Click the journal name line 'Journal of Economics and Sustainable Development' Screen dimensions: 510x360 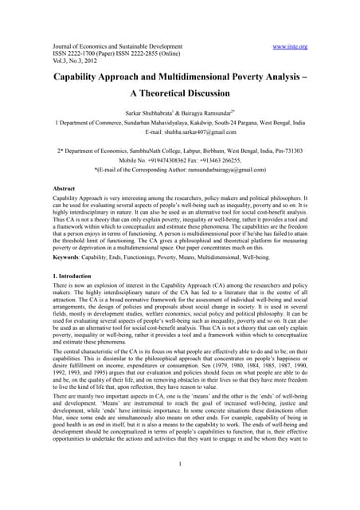coord(112,47)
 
